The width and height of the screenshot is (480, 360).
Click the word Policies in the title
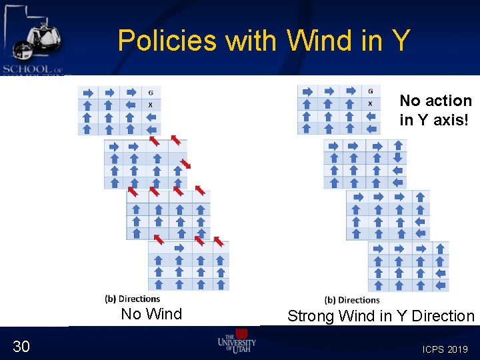point(167,41)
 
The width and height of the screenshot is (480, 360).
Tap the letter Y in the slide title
point(400,41)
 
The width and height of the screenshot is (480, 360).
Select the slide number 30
point(21,345)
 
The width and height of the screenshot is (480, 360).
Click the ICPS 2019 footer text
point(445,349)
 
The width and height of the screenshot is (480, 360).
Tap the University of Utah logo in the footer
point(237,341)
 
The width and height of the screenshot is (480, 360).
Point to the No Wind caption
point(151,314)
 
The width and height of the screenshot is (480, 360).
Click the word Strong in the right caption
point(311,316)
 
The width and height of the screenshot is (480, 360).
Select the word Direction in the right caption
point(443,316)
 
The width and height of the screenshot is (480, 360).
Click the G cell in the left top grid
point(151,93)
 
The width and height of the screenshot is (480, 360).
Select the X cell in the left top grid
point(150,105)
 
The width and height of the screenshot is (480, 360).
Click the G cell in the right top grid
point(370,91)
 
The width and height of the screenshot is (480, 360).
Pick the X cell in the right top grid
point(370,103)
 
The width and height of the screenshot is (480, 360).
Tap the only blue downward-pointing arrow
point(398,158)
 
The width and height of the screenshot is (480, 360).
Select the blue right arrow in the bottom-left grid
point(178,248)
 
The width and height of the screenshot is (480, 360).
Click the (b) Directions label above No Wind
point(133,299)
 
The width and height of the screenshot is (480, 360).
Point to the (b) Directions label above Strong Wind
point(352,300)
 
